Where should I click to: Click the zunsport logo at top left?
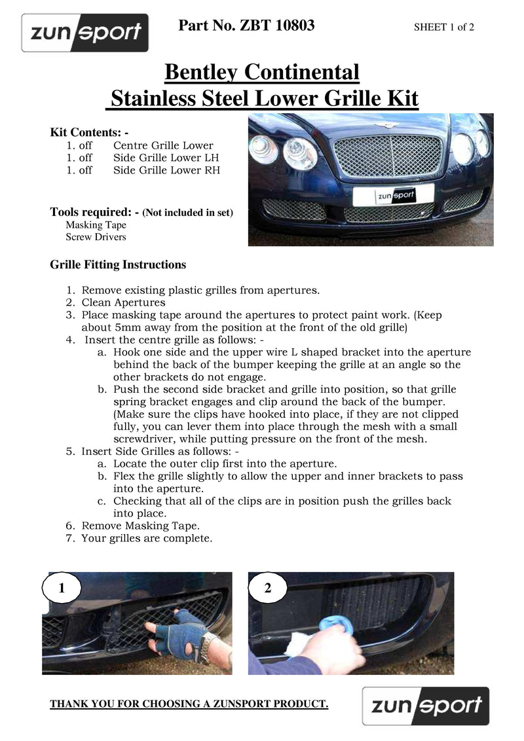tap(85, 33)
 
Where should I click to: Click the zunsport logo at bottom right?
tap(426, 706)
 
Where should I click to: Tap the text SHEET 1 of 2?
tap(444, 27)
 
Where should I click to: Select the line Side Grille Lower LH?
tap(166, 158)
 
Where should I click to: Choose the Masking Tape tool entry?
tap(96, 225)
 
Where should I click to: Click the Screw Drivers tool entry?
tap(96, 237)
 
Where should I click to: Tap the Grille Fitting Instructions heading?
tap(118, 264)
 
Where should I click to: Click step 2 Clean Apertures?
tap(123, 302)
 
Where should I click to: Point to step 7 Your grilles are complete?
tap(147, 538)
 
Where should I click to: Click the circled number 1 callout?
tap(62, 588)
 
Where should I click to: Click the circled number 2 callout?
tap(267, 588)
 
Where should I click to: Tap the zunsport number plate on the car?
tap(394, 194)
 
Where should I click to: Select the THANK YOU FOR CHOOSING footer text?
tap(189, 704)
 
